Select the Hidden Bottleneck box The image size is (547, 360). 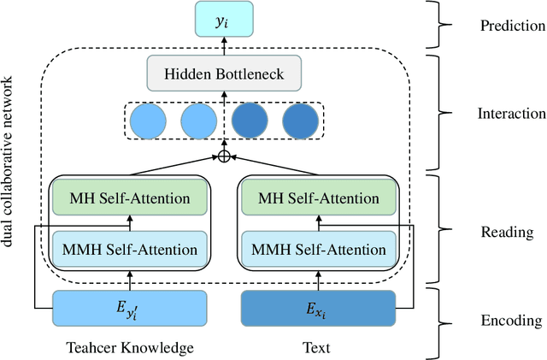tap(225, 74)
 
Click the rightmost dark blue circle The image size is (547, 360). tap(300, 121)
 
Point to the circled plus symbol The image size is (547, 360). tap(225, 156)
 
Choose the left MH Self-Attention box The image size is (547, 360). tap(129, 198)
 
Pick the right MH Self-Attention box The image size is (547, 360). tap(319, 198)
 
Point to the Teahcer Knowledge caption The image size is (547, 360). tap(129, 348)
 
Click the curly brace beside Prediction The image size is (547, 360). tap(445, 25)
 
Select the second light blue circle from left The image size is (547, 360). tap(198, 121)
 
